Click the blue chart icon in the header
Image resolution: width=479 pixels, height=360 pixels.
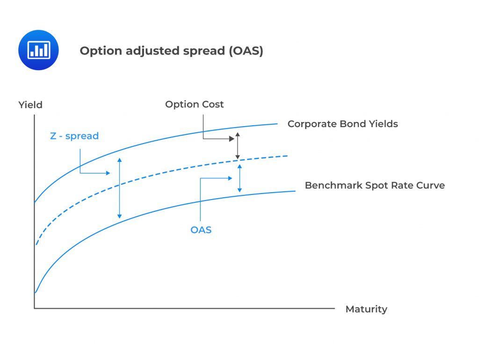point(38,50)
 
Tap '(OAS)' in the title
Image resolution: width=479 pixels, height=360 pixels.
point(246,51)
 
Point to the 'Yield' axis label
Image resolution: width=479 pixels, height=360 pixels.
point(30,105)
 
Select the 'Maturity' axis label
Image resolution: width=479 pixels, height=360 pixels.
point(366,309)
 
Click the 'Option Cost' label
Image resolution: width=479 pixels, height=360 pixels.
point(194,104)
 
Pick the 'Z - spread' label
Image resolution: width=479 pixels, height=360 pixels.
point(74,136)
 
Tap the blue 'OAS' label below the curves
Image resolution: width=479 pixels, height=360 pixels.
point(201,230)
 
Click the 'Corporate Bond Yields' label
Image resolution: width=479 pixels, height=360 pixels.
point(342,124)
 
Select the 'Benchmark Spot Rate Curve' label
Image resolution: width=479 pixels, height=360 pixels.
point(375,185)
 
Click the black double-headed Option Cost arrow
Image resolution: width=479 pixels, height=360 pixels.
point(238,146)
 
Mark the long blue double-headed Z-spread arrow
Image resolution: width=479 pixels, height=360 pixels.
point(120,188)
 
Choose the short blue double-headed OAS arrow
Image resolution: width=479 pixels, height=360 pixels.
point(240,179)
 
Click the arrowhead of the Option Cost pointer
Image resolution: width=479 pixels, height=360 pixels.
point(232,138)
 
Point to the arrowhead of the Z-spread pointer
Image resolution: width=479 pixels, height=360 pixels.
point(108,173)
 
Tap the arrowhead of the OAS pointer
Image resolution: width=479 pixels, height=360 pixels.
point(229,178)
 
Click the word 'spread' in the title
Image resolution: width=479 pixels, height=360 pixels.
point(203,51)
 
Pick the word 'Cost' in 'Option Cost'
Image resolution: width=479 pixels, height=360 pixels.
point(213,104)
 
